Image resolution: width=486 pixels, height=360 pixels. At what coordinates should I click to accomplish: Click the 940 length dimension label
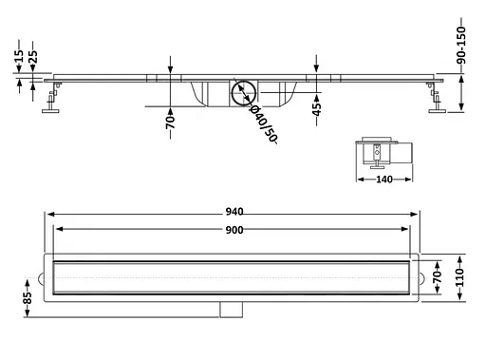[x=234, y=212]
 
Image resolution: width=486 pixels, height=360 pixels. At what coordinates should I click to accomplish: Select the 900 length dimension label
[x=234, y=230]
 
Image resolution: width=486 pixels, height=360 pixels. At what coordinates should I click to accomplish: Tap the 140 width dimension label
[x=384, y=180]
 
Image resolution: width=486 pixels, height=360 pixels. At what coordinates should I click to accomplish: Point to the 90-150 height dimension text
[x=461, y=45]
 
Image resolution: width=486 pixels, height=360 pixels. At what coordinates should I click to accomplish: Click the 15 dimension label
[x=19, y=56]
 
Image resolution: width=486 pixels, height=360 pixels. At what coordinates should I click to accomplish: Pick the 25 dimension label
[x=33, y=57]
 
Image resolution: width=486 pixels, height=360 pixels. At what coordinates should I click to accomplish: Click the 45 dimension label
[x=316, y=109]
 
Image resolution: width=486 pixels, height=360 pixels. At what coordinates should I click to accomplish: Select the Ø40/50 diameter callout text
[x=264, y=123]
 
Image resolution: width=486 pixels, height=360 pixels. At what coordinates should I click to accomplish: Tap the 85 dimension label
[x=28, y=297]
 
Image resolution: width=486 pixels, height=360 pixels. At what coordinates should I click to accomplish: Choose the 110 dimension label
[x=459, y=277]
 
